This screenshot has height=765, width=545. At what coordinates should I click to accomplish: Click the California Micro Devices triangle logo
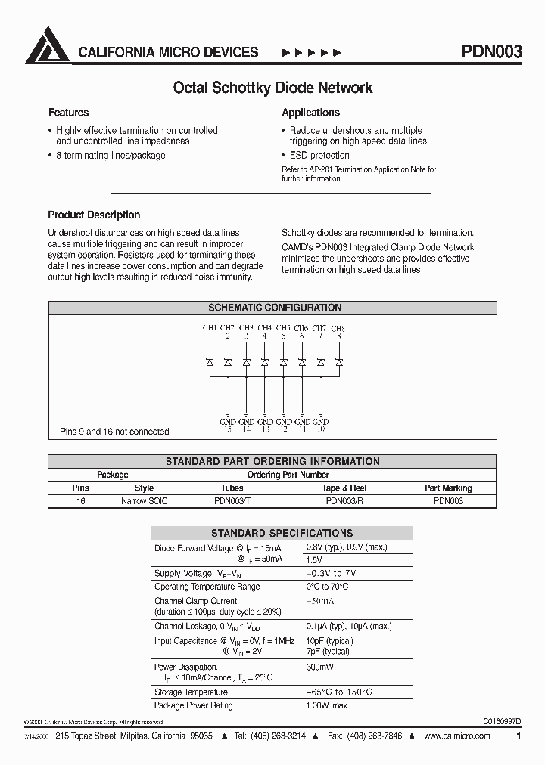click(48, 45)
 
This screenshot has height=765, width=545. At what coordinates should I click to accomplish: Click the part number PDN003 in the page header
click(491, 52)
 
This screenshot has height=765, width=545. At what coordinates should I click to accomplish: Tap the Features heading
click(68, 113)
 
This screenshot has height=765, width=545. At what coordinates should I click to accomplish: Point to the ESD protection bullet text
click(319, 156)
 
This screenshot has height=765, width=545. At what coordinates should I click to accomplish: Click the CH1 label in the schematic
click(210, 328)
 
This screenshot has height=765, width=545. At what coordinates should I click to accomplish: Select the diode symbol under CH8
click(339, 363)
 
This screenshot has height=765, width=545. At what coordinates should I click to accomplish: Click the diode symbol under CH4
click(265, 363)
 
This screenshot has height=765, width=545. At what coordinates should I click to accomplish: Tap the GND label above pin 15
click(228, 421)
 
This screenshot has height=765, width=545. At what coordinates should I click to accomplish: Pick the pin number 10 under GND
click(321, 429)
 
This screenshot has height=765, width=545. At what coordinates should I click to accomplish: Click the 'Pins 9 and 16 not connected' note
click(114, 432)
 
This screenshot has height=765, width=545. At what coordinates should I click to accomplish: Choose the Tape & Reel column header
click(344, 488)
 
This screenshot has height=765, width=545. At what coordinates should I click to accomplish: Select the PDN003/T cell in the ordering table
click(232, 500)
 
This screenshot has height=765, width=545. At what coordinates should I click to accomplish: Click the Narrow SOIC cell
click(144, 500)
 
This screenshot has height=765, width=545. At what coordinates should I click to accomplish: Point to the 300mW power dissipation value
click(319, 667)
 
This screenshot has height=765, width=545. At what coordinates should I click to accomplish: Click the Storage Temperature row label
click(191, 692)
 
